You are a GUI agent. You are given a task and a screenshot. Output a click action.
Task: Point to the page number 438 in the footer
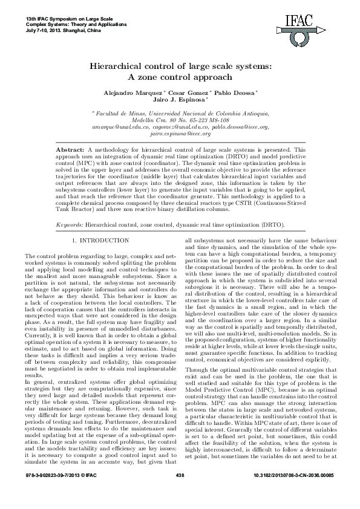[x=180, y=494]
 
